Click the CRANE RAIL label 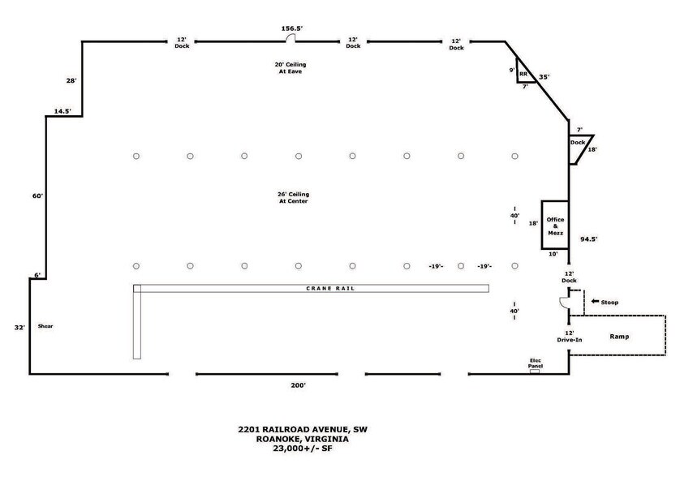pyautogui.click(x=330, y=288)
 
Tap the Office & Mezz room pyautogui.click(x=555, y=225)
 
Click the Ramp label pyautogui.click(x=619, y=337)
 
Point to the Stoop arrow pyautogui.click(x=595, y=302)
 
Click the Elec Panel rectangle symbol pyautogui.click(x=535, y=372)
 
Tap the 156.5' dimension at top pyautogui.click(x=292, y=28)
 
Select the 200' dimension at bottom pyautogui.click(x=299, y=385)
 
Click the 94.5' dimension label pyautogui.click(x=589, y=239)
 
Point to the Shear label pyautogui.click(x=45, y=326)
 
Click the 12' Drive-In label pyautogui.click(x=570, y=337)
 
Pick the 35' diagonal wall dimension pyautogui.click(x=544, y=77)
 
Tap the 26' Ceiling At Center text pyautogui.click(x=294, y=198)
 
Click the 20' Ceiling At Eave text pyautogui.click(x=291, y=68)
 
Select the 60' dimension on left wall pyautogui.click(x=37, y=196)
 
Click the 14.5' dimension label pyautogui.click(x=62, y=111)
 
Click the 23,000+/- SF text pyautogui.click(x=303, y=449)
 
